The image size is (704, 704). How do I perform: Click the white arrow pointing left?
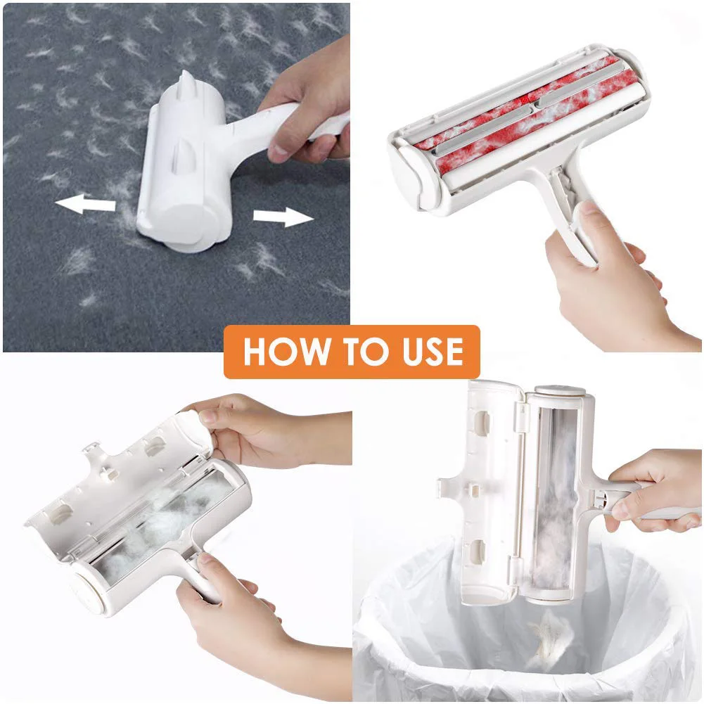point(85,203)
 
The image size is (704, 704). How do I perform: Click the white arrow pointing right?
point(283,217)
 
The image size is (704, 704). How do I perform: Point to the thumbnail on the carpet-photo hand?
point(279,152)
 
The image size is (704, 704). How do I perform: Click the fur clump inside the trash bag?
point(549,639)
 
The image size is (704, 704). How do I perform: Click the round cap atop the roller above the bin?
point(561,390)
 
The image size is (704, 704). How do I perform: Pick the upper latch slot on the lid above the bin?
point(482,422)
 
